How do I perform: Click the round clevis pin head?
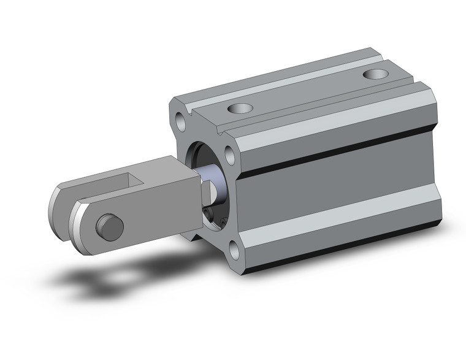coord(110,228)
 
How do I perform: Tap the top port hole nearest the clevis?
coord(240,109)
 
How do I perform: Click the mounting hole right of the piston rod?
coord(231,154)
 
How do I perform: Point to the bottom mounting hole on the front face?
coord(235,248)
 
